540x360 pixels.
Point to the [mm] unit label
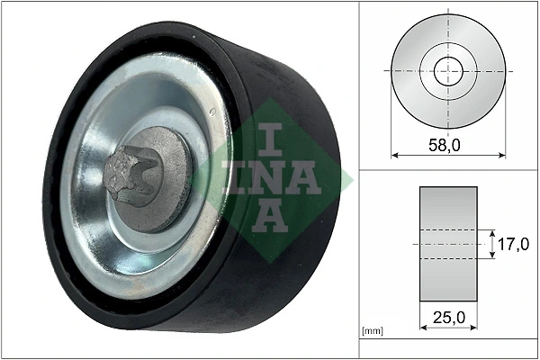[371, 331]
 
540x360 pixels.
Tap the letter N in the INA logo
[270, 177]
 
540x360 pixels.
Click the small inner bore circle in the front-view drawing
[447, 70]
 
